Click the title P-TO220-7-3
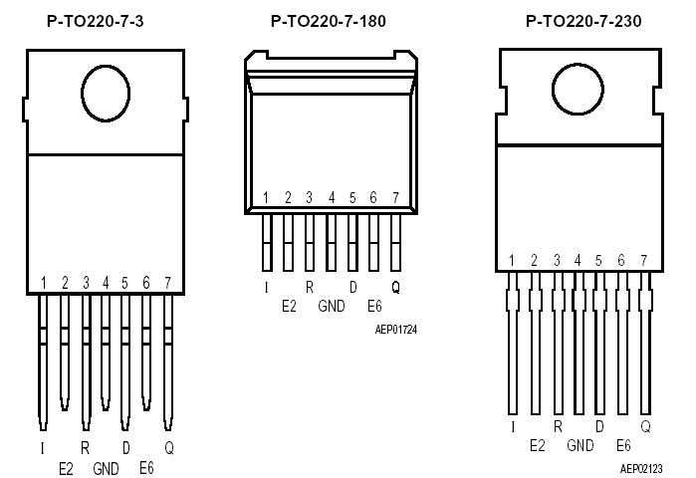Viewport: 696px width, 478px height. pos(95,20)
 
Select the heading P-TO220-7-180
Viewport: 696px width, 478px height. pos(328,20)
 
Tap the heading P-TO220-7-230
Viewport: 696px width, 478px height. pos(582,20)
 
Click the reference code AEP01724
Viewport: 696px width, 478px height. pos(395,328)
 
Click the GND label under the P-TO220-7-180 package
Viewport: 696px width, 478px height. pos(332,307)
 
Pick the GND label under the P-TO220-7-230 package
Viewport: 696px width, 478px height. pos(580,445)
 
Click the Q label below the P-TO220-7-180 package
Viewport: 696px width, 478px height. pos(395,287)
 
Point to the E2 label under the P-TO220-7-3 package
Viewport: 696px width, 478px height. pos(66,467)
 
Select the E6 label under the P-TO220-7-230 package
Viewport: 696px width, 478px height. pos(623,445)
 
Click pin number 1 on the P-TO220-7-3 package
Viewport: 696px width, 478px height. pos(44,284)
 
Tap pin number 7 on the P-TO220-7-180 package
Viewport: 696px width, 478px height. pos(395,198)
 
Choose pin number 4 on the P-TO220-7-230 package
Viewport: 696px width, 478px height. pos(578,261)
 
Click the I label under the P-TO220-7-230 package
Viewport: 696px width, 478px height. pos(512,426)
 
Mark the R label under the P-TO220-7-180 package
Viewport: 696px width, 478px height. pos(310,287)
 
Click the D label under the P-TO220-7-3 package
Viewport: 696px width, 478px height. pos(125,448)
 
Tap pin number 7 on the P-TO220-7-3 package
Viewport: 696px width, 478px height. pos(167,284)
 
